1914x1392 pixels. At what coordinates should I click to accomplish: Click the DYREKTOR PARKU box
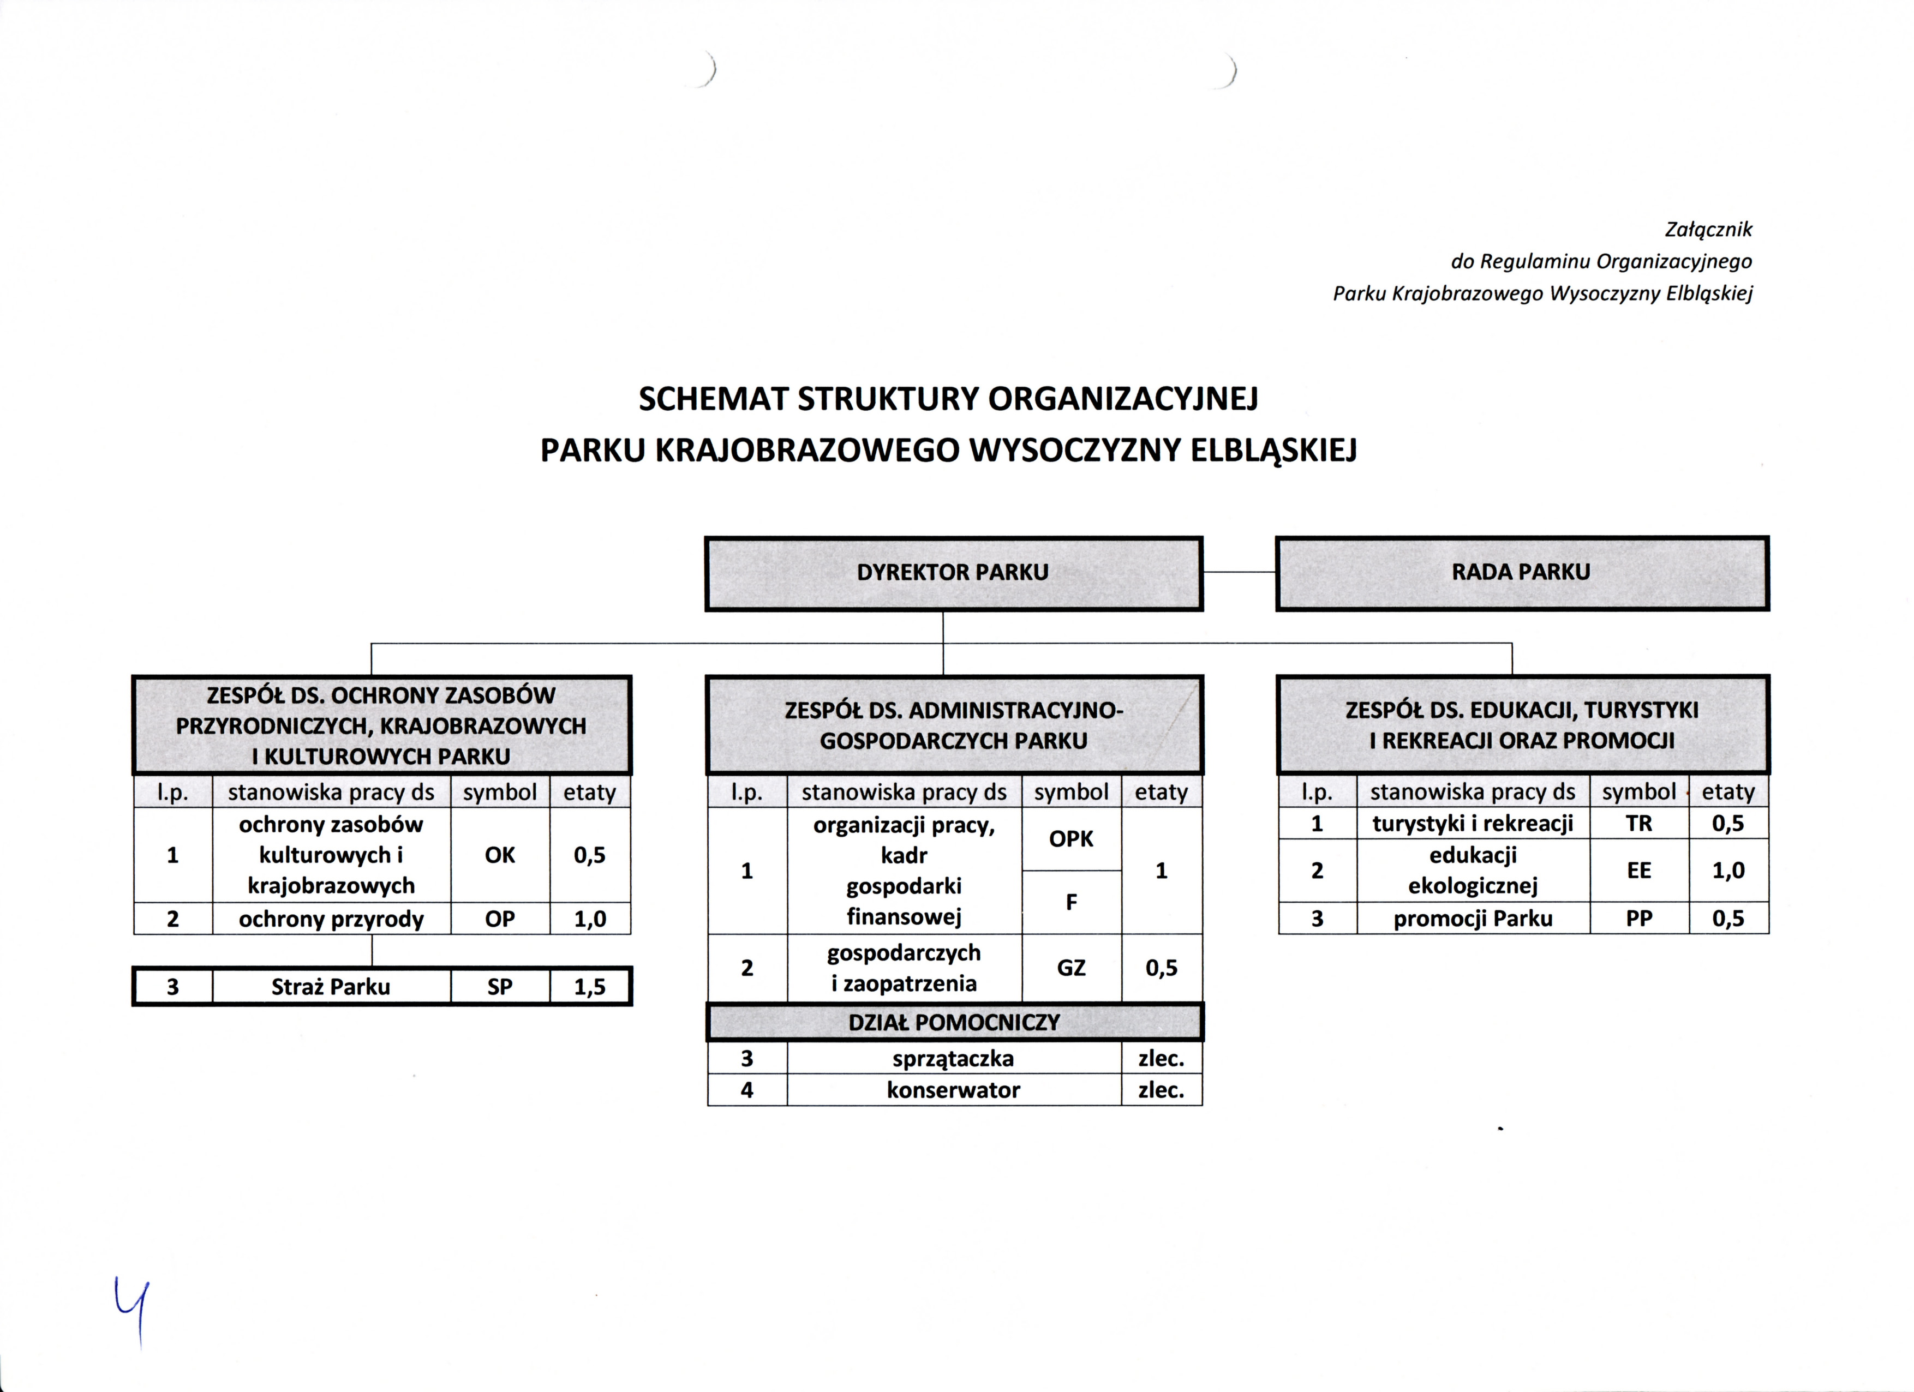point(953,573)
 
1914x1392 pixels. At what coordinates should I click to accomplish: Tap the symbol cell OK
point(500,855)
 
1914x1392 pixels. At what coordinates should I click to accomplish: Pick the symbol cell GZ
point(1071,968)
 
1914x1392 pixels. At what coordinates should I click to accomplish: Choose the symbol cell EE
point(1639,871)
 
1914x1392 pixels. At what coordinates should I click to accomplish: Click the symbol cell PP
point(1639,919)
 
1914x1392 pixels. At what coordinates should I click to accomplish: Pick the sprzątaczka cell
point(954,1059)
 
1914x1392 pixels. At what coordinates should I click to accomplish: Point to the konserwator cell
point(954,1090)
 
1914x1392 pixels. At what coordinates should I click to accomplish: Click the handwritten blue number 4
point(133,1310)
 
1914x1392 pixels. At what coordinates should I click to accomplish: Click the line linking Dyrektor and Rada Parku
point(1239,572)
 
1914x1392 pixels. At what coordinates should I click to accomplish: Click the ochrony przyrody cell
point(331,919)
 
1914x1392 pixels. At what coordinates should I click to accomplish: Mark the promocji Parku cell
point(1473,919)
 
